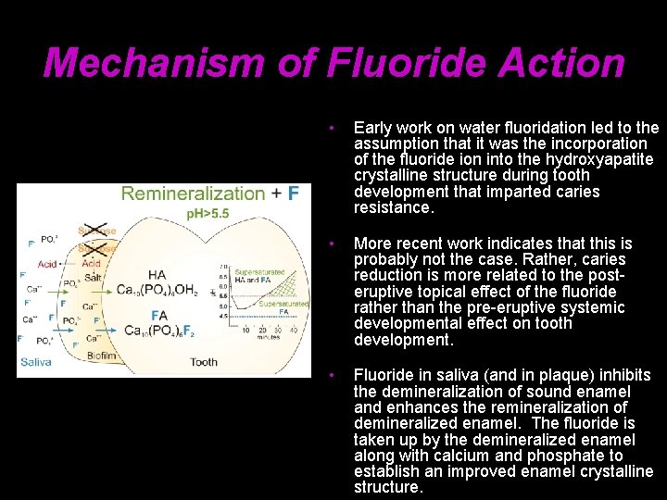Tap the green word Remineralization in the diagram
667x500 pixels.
tap(193, 194)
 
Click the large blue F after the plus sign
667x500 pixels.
tap(293, 194)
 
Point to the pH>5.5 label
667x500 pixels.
tap(208, 213)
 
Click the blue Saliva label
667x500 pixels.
tap(37, 362)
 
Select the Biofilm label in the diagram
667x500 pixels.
tap(101, 354)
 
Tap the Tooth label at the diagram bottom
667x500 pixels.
tap(204, 362)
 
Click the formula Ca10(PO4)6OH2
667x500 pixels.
tap(157, 290)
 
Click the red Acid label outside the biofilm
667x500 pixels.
tap(47, 264)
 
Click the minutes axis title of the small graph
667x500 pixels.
tap(269, 337)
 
